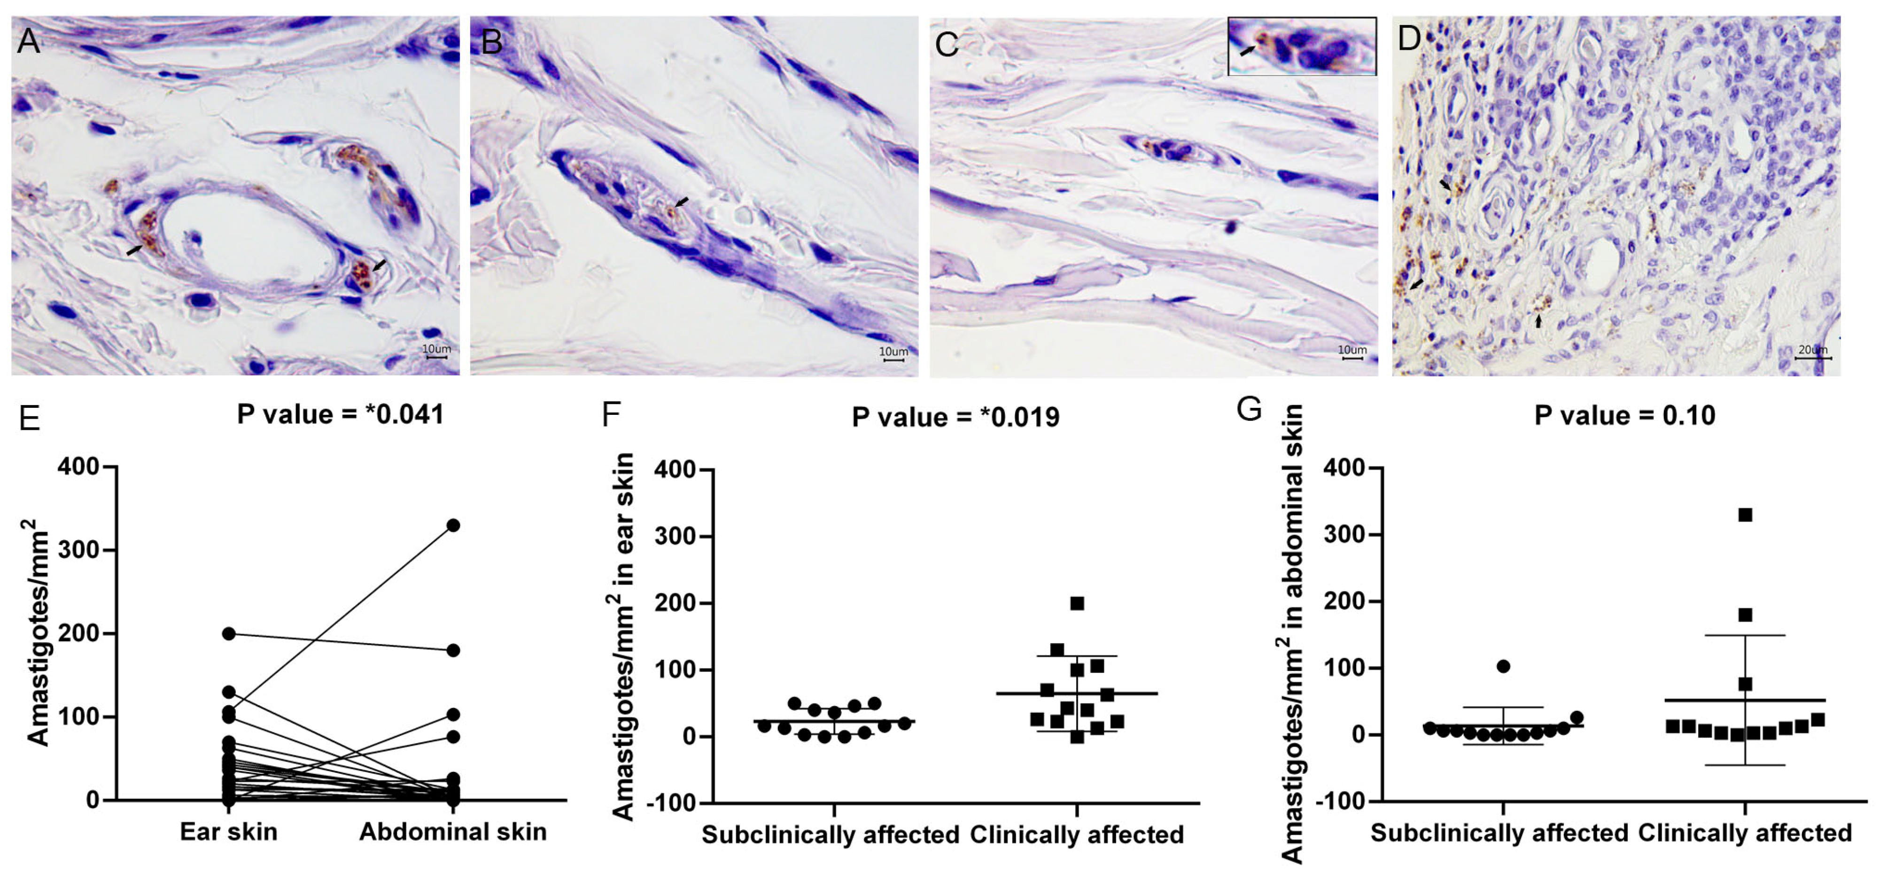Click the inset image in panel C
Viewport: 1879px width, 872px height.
1302,47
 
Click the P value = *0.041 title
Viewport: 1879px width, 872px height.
341,414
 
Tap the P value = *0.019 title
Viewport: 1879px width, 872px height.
955,417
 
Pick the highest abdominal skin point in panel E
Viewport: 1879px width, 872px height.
453,525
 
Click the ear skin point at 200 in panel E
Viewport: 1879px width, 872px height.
228,633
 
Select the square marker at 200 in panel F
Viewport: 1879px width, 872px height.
1077,603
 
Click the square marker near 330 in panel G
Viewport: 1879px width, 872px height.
1745,515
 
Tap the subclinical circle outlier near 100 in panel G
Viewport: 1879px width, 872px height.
1503,666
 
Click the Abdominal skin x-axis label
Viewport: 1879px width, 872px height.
452,832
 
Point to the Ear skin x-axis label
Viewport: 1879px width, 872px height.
228,832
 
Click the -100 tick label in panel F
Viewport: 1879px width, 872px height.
675,802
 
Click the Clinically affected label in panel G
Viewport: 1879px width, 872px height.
1745,833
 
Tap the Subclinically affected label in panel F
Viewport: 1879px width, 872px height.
830,835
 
